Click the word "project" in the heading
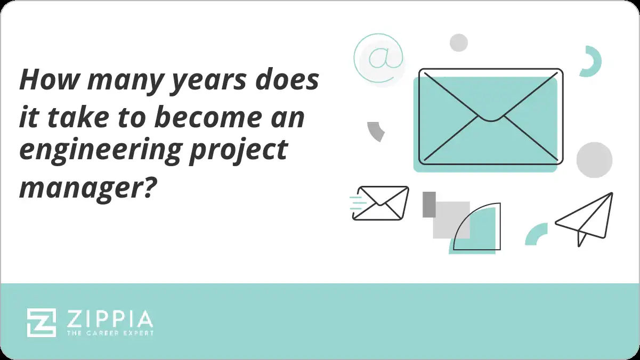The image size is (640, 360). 250,151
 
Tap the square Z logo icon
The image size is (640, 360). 42,323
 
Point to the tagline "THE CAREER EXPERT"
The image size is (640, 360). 110,333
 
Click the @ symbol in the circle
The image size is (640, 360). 378,58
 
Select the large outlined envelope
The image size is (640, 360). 490,116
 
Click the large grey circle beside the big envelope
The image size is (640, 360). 594,160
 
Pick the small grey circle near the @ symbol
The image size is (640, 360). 458,43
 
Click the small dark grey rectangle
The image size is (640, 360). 429,204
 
